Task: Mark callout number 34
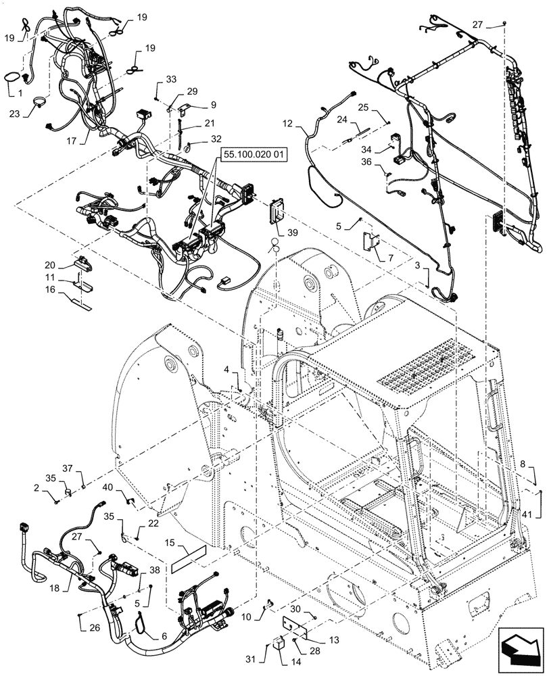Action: pyautogui.click(x=385, y=149)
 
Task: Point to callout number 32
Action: pyautogui.click(x=216, y=138)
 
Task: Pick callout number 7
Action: pyautogui.click(x=390, y=258)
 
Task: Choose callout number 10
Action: pyautogui.click(x=245, y=617)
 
